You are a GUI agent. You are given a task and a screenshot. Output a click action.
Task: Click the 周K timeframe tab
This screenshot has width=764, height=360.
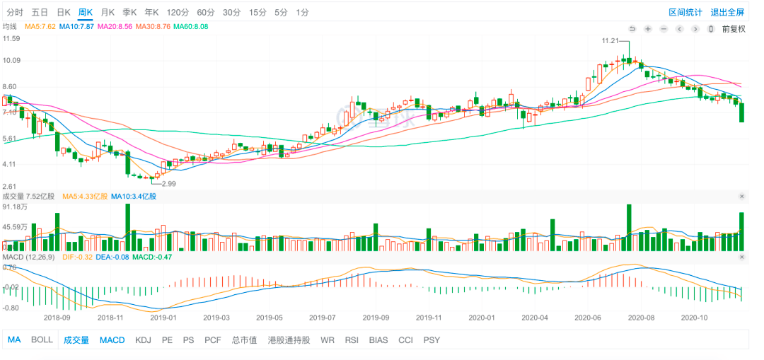click(x=86, y=12)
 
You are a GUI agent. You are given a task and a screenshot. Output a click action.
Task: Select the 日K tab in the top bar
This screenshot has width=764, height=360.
click(x=63, y=12)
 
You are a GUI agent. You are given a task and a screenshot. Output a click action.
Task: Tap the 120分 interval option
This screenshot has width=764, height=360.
click(x=178, y=12)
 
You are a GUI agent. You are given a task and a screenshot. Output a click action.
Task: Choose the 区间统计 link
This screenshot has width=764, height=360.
click(x=685, y=12)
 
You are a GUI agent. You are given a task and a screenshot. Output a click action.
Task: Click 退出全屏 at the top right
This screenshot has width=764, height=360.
click(x=727, y=12)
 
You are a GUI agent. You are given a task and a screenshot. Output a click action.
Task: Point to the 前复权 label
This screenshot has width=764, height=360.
click(x=734, y=29)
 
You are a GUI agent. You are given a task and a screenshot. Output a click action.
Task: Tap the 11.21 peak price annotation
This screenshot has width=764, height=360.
click(x=610, y=41)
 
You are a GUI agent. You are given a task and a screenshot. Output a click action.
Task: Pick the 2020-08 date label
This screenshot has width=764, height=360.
click(x=641, y=318)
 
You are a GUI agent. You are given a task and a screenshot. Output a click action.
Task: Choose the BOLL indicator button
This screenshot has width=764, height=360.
click(x=42, y=339)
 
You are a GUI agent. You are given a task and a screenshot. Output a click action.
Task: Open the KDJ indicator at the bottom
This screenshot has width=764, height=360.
click(x=143, y=339)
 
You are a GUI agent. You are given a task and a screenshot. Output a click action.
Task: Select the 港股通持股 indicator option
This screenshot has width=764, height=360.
click(x=289, y=339)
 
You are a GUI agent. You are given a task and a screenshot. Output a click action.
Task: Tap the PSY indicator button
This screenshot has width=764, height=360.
click(x=432, y=339)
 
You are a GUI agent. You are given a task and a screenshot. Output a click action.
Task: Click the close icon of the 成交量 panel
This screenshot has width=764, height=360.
click(x=742, y=196)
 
